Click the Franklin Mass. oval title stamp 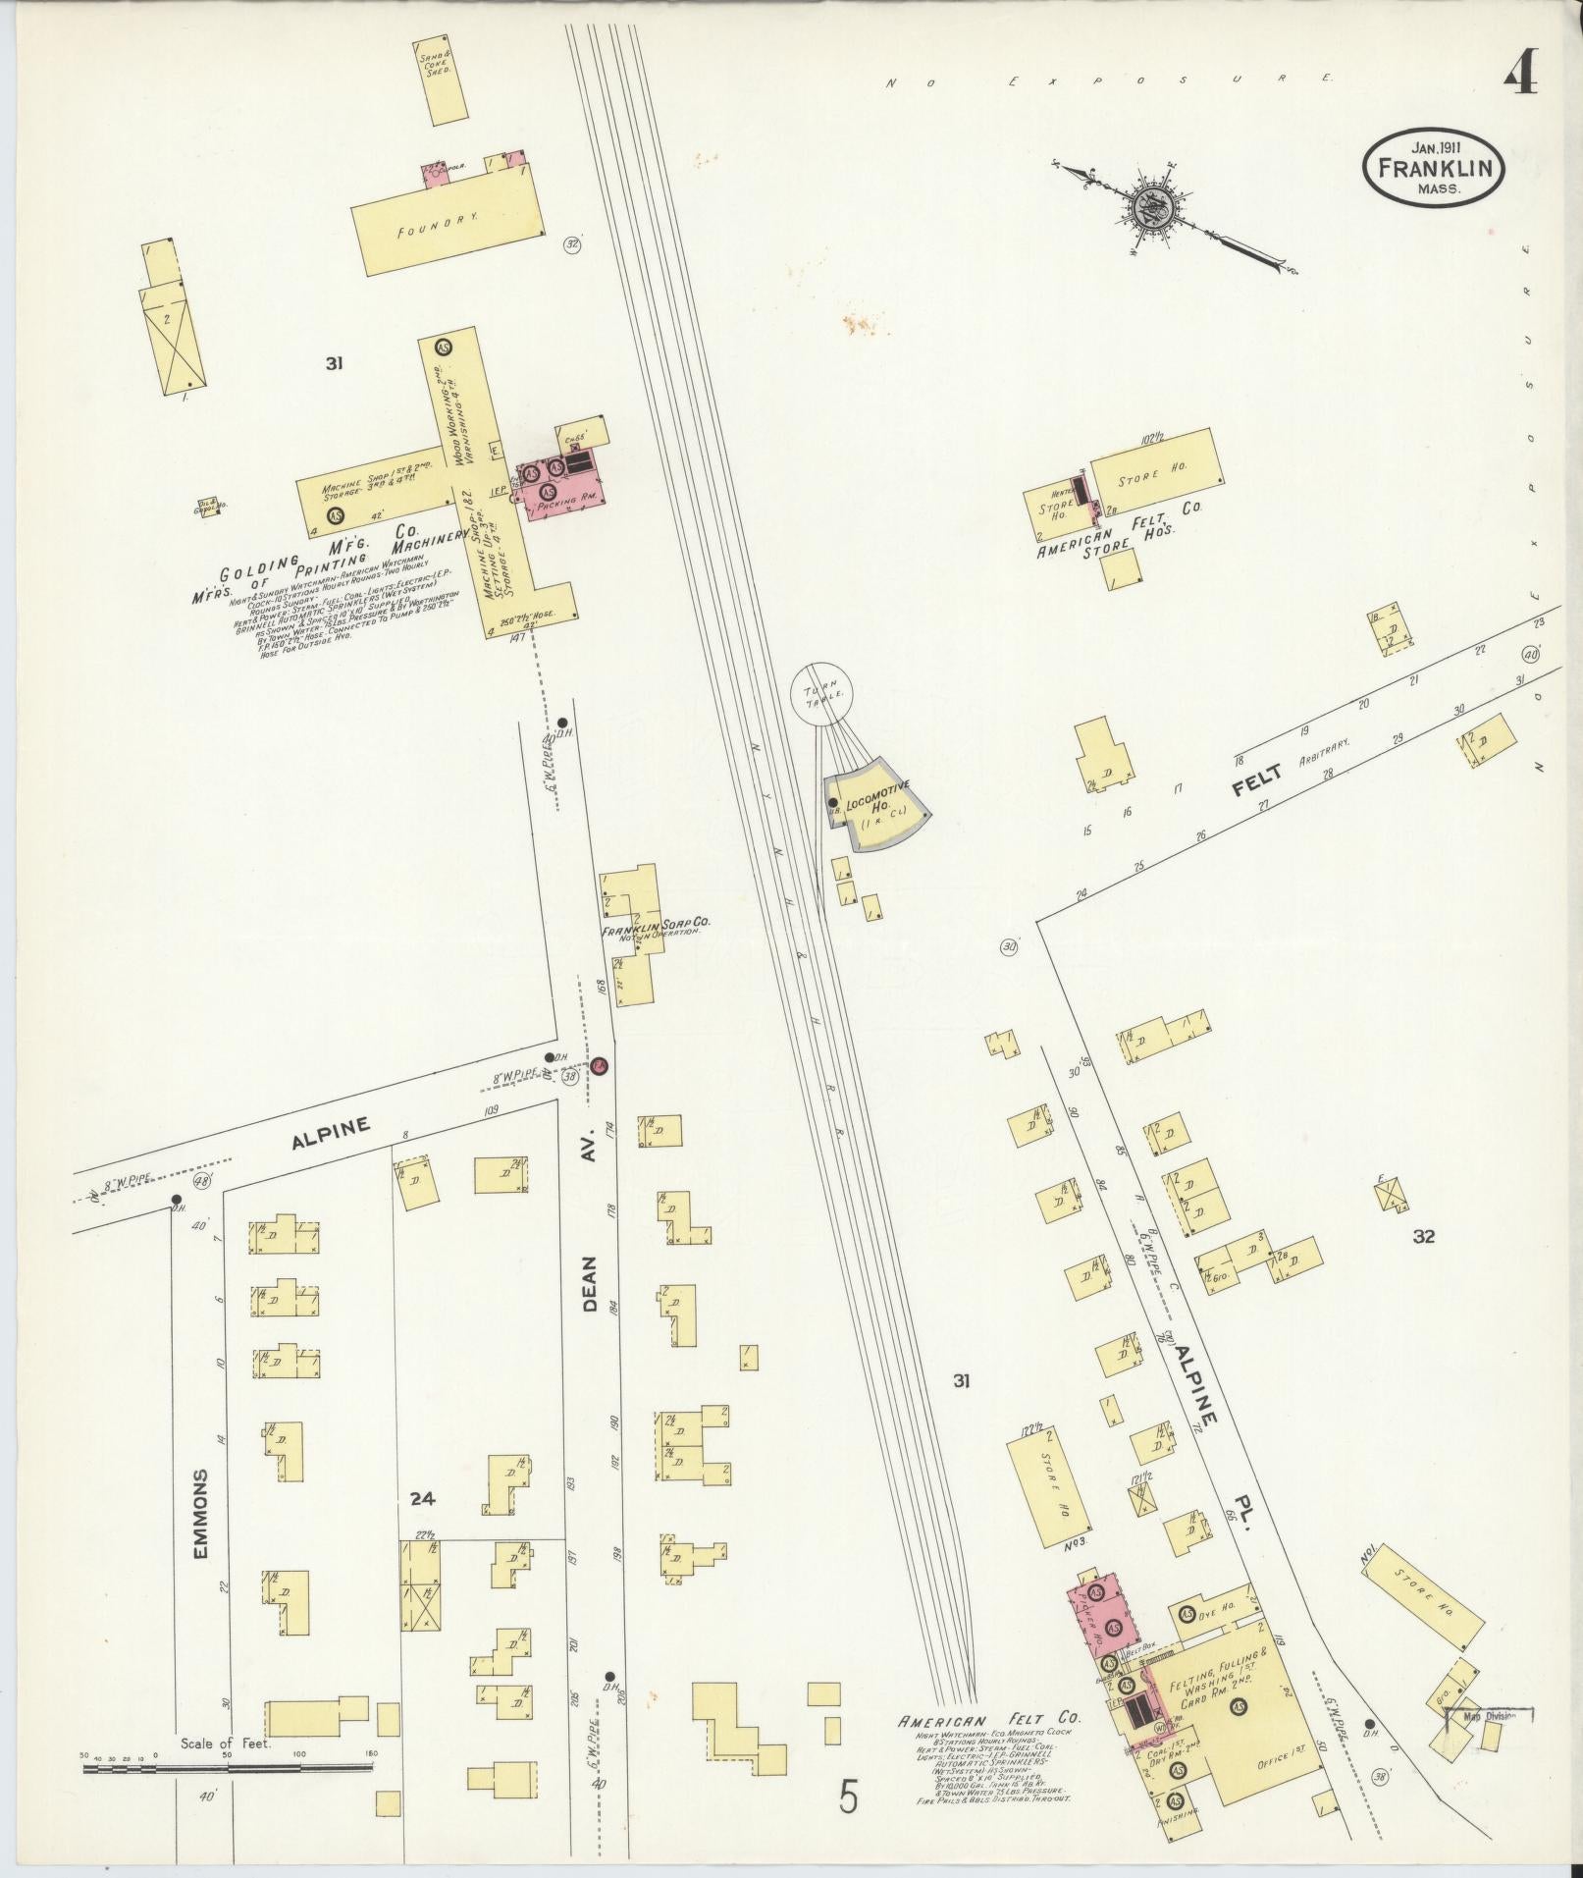pos(1433,169)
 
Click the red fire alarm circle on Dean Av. pos(600,1064)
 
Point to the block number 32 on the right pos(1423,1237)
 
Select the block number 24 pos(422,1527)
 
